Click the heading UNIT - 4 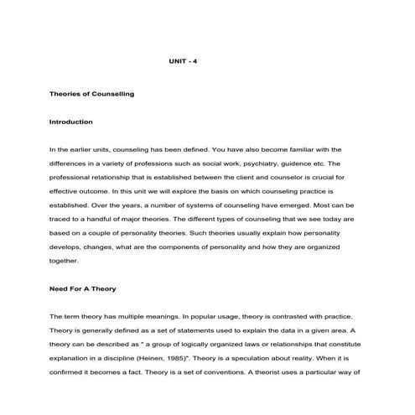(184, 62)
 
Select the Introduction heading (71, 122)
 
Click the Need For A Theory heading (83, 288)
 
